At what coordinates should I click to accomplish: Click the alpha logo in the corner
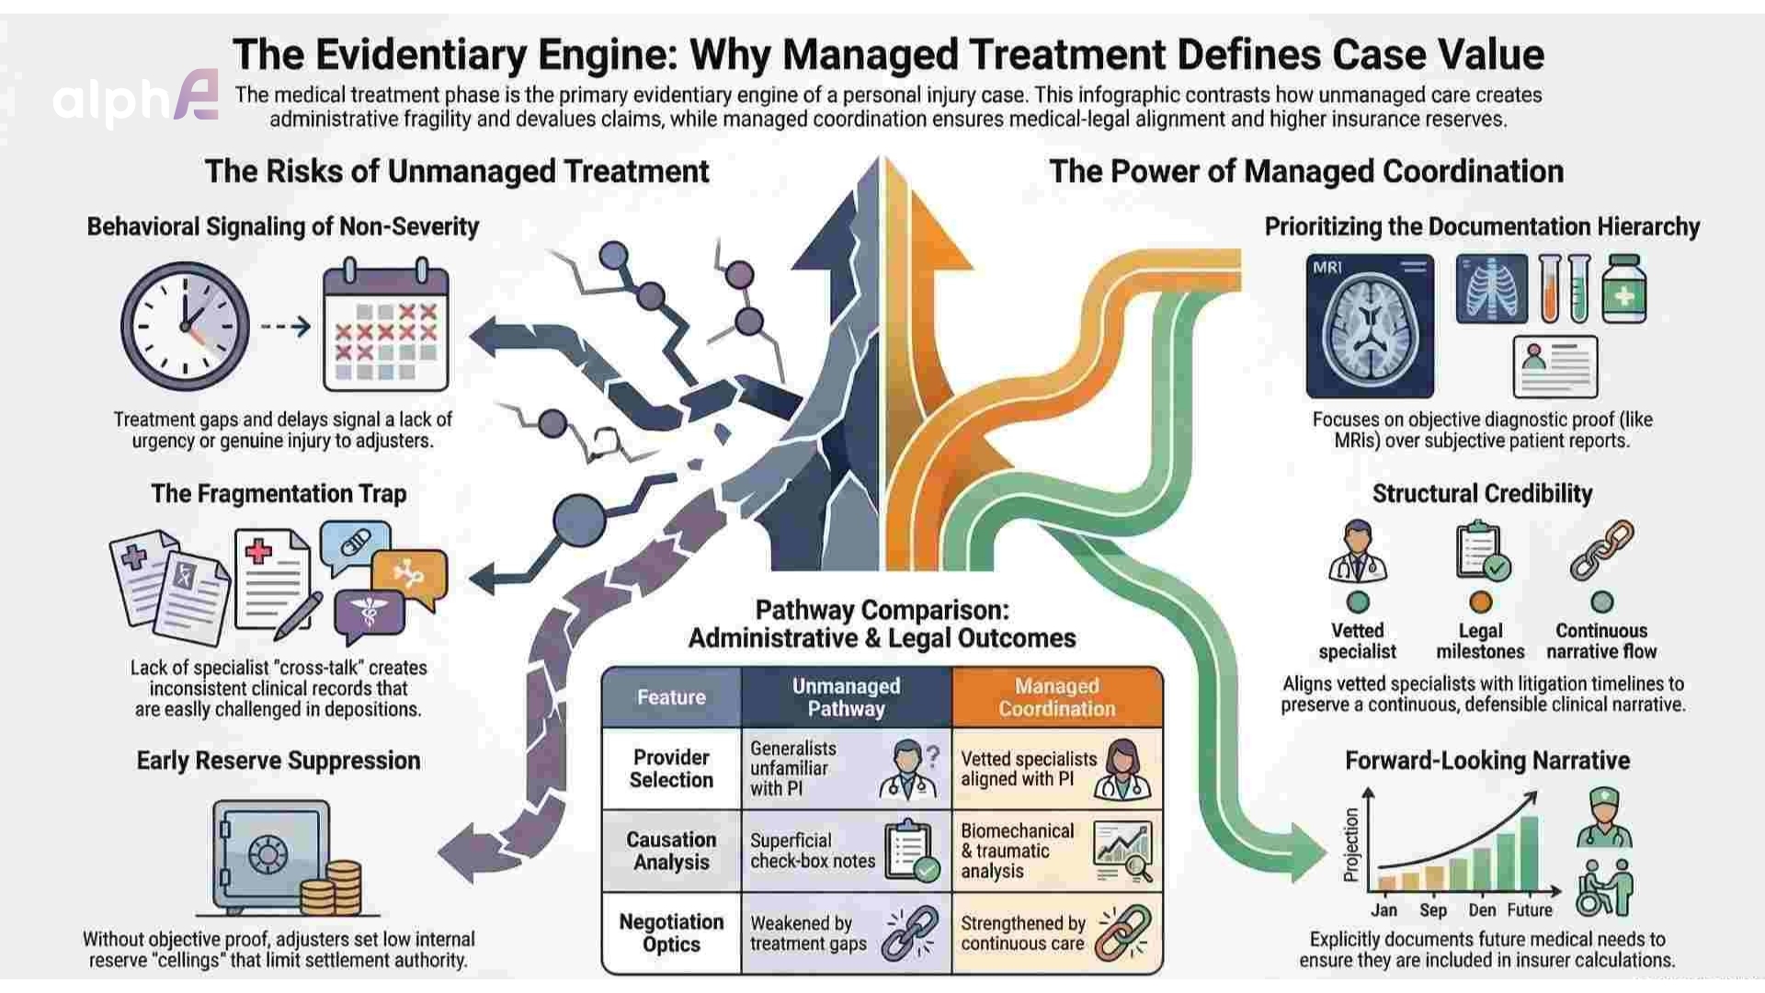[136, 97]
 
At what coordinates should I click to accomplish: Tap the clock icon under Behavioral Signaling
[186, 326]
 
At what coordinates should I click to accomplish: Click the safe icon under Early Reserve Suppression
[269, 855]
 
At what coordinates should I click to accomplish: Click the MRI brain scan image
[1370, 327]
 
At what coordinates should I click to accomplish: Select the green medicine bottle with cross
[1623, 291]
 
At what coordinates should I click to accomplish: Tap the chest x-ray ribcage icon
[1491, 290]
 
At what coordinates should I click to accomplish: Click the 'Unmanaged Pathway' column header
[846, 697]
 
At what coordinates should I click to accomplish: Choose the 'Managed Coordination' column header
[1056, 697]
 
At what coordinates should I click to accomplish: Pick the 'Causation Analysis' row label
[671, 850]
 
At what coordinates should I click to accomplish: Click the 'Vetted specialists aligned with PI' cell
[1029, 769]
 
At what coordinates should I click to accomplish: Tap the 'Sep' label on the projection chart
[1432, 910]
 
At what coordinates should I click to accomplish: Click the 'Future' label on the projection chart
[1529, 910]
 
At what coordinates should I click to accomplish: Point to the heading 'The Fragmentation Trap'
[279, 494]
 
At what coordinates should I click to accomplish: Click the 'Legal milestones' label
[1480, 641]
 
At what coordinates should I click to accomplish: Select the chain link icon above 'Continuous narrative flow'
[1601, 551]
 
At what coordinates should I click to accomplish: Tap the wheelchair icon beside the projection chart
[1604, 888]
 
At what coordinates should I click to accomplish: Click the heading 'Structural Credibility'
[1482, 494]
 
